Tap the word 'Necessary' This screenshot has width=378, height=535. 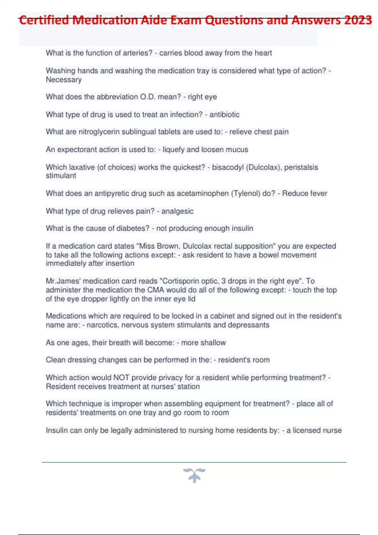tap(64, 80)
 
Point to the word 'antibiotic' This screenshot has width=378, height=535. tap(224, 115)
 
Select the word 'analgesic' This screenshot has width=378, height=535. tap(177, 211)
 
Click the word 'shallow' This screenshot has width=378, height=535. tap(213, 342)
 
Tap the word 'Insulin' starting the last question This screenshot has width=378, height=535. tap(56, 430)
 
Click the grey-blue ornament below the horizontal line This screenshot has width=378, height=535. tap(194, 475)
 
